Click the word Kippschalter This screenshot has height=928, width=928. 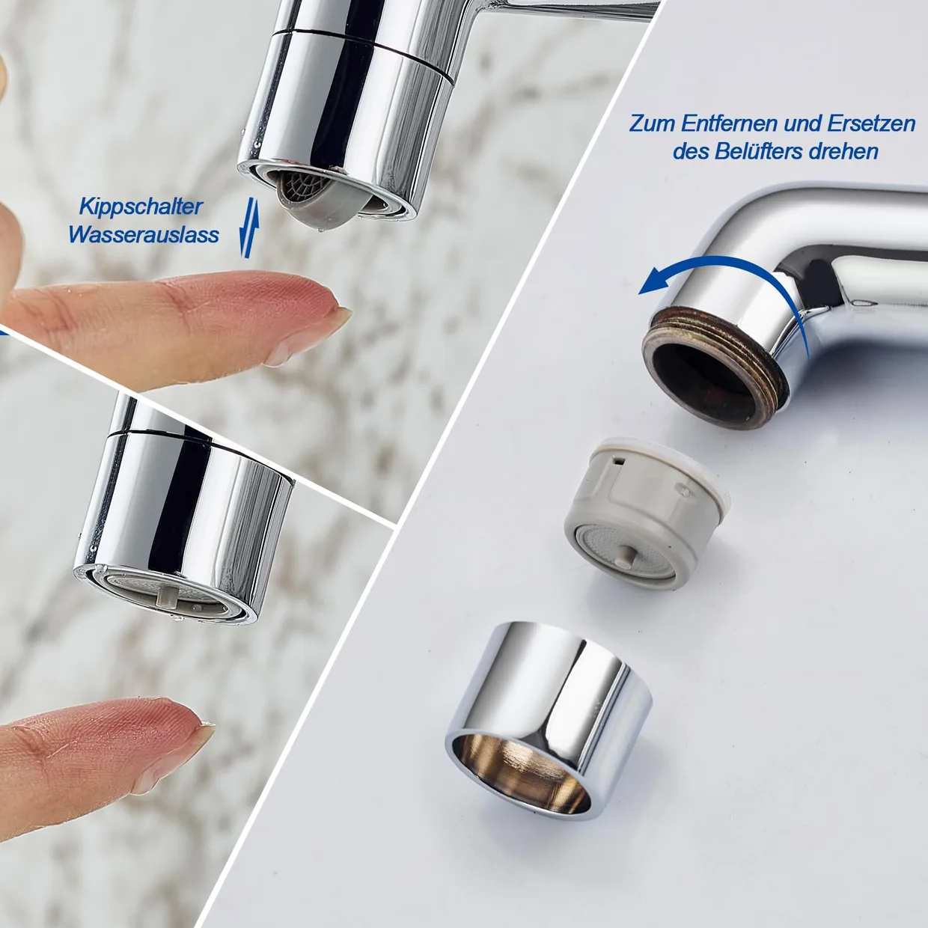141,207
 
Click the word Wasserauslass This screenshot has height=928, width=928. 144,236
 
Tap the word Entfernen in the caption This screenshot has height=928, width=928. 729,124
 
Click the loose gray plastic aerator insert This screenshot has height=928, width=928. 647,514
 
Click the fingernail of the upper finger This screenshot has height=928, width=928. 313,333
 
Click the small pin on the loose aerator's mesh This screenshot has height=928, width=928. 625,554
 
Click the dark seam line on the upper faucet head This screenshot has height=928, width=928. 361,51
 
